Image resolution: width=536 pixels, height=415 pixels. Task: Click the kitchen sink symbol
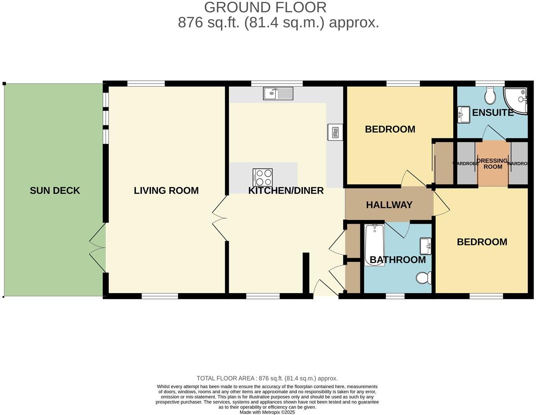(x=278, y=94)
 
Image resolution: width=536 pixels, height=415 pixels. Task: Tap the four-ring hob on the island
(x=262, y=177)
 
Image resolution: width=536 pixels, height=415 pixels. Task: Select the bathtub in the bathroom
(x=374, y=245)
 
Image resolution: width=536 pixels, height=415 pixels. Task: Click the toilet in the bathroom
(x=423, y=278)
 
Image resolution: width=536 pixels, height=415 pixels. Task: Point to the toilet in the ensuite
(x=490, y=94)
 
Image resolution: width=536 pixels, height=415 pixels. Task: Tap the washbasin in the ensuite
(x=464, y=114)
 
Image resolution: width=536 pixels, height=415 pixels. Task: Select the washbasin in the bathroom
(x=425, y=246)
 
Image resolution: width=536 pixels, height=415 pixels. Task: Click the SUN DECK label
(x=55, y=191)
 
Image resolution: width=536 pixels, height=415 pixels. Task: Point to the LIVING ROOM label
(x=166, y=191)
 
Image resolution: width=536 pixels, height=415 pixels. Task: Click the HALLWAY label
(x=389, y=205)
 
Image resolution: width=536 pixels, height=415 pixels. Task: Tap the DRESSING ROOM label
(x=492, y=163)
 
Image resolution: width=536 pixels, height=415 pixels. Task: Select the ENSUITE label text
(x=493, y=112)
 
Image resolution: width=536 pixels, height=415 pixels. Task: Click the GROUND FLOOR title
(x=265, y=7)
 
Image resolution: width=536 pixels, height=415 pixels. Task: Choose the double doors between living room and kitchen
(x=219, y=218)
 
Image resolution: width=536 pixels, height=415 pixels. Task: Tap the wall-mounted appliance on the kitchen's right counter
(x=335, y=132)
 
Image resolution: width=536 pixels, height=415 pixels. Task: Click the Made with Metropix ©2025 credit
(x=267, y=412)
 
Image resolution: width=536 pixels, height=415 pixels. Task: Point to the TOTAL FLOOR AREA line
(x=267, y=378)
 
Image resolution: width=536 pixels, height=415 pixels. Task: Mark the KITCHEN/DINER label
(x=286, y=191)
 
